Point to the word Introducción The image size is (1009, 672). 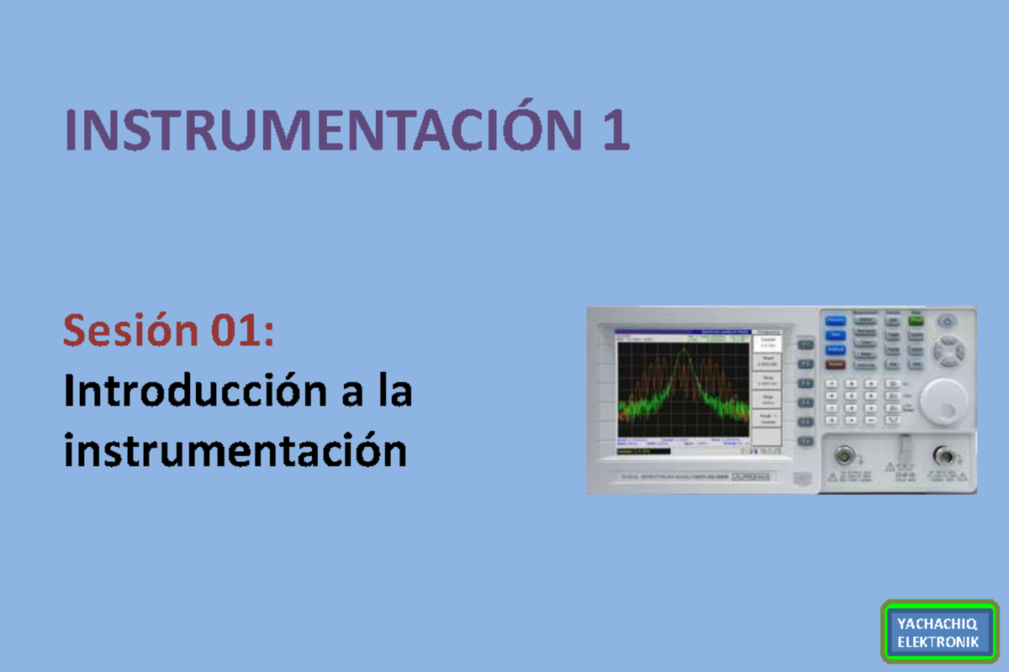tap(196, 391)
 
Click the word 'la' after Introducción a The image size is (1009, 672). tap(394, 391)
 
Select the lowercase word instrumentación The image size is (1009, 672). tap(235, 452)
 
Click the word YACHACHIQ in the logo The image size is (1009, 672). tap(937, 624)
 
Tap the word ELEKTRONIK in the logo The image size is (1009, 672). tap(937, 642)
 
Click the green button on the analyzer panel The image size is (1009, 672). tap(916, 321)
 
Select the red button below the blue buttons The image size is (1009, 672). tap(836, 365)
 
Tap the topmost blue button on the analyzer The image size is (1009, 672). tap(836, 321)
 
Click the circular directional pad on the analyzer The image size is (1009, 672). tap(949, 350)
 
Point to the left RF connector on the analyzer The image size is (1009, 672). tap(842, 457)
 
